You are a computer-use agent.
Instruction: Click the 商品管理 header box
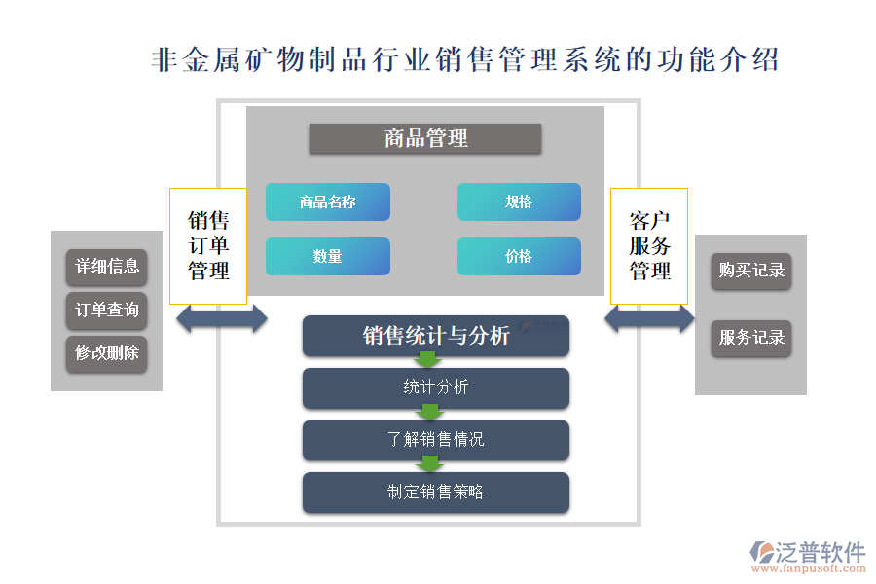tap(425, 139)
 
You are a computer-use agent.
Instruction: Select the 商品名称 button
tap(328, 201)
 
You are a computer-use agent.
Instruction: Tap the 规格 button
tap(519, 201)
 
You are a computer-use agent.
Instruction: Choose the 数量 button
tap(328, 256)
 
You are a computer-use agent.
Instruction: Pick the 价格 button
tap(519, 256)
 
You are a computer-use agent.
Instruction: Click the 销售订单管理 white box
tap(208, 245)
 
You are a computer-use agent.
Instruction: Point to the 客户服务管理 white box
tap(649, 245)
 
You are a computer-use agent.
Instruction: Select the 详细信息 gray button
tap(107, 267)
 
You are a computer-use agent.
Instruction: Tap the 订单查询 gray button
tap(107, 310)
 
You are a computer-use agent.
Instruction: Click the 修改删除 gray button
tap(107, 353)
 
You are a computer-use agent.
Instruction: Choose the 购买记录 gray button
tap(751, 271)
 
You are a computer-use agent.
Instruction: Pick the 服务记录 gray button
tap(751, 338)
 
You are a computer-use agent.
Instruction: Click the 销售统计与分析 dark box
tap(436, 336)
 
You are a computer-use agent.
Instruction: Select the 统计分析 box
tap(436, 387)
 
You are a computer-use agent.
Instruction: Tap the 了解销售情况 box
tap(436, 440)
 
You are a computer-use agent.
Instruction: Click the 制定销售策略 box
tap(436, 493)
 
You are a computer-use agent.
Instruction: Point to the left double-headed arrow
tap(222, 318)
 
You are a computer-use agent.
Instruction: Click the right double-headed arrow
tap(649, 318)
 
